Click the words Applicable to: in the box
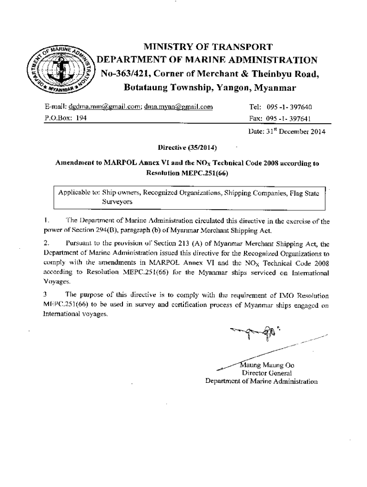point(79,193)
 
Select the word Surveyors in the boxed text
point(117,202)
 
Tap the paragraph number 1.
point(45,221)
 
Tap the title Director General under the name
point(267,373)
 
